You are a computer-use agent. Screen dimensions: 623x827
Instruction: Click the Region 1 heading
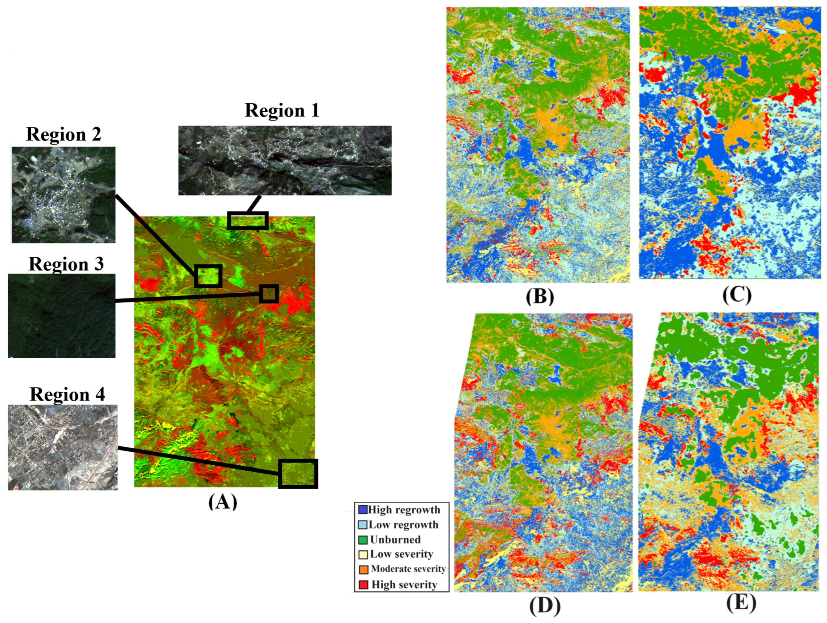(x=282, y=110)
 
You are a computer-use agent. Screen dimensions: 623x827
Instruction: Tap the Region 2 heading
(x=64, y=134)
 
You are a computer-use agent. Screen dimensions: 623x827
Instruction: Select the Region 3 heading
(x=66, y=264)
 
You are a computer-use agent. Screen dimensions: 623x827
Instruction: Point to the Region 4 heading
(x=67, y=394)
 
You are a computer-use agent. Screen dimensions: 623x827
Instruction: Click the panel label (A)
(x=223, y=502)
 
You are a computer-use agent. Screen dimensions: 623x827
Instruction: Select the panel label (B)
(x=540, y=297)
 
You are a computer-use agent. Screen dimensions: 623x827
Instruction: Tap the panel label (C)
(x=737, y=295)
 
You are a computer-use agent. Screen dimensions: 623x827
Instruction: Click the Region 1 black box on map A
(x=248, y=221)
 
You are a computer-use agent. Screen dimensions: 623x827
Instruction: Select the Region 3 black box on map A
(x=269, y=294)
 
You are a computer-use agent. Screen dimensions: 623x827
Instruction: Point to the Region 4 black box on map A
(x=298, y=474)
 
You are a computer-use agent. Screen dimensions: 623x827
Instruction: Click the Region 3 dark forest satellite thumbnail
(x=62, y=315)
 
